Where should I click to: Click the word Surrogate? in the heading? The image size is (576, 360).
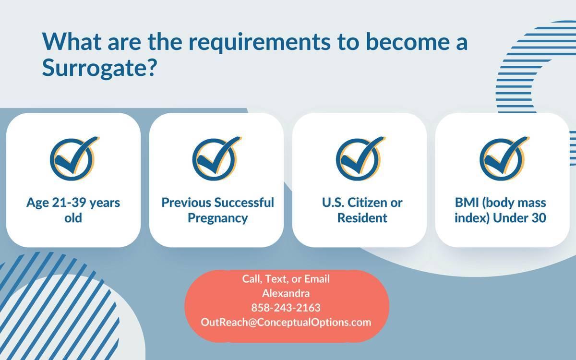100,69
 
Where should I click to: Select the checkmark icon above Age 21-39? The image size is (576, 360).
72,157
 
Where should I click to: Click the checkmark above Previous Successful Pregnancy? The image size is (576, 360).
216,157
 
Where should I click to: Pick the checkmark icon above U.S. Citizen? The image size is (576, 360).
359,157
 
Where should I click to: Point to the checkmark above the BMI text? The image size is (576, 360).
502,157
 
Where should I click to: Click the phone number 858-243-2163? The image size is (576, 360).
286,308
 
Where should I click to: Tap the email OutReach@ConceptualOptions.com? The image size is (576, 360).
286,322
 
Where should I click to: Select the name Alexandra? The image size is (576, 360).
286,293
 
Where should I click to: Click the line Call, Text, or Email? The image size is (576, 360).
286,279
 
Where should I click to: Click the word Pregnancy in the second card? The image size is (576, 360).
217,218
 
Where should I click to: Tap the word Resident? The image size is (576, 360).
362,218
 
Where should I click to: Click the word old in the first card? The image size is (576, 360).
73,218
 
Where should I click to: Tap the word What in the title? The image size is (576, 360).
72,42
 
